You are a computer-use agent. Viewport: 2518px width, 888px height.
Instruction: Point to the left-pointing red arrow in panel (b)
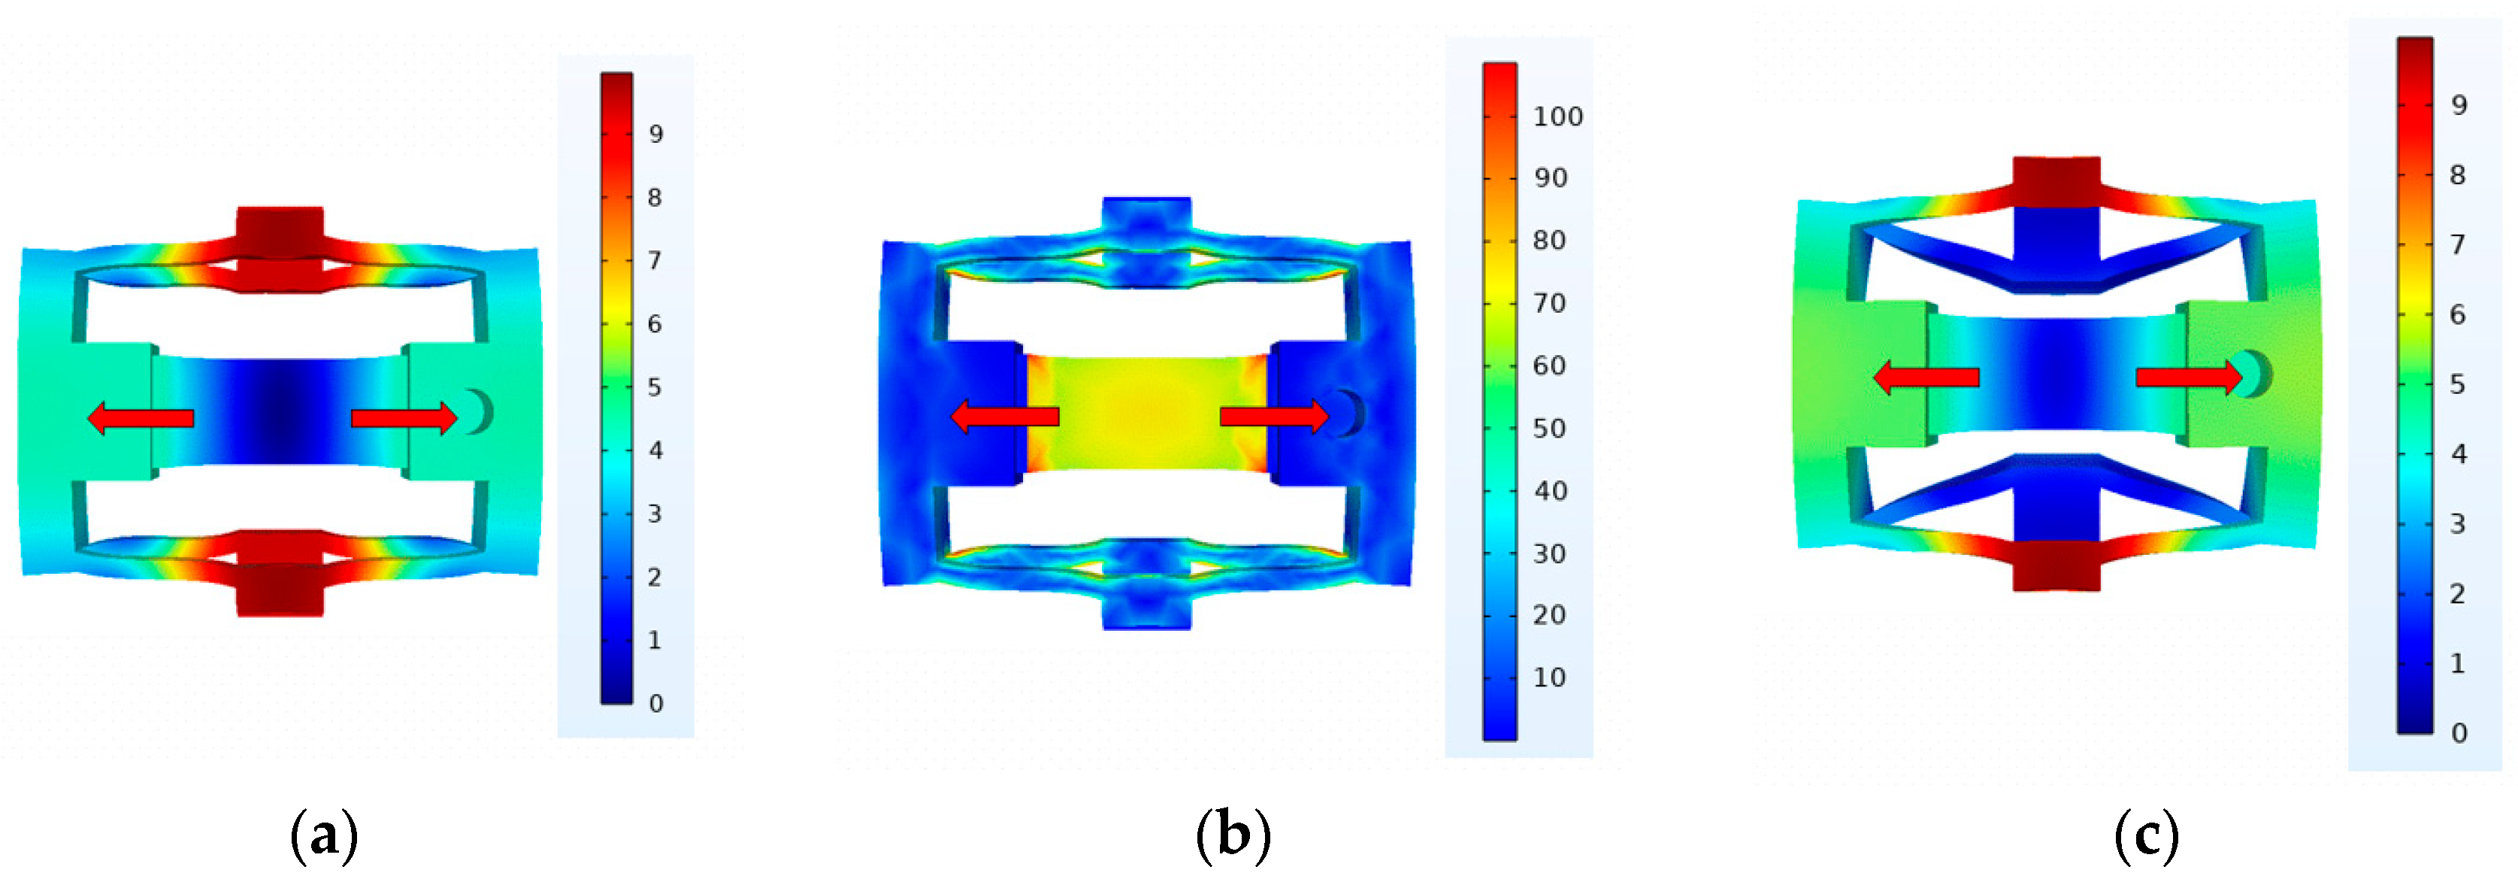coord(1005,417)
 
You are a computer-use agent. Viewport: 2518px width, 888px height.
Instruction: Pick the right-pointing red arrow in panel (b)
coord(1275,417)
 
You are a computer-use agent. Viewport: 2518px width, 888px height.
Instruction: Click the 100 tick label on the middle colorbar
coord(1558,117)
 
